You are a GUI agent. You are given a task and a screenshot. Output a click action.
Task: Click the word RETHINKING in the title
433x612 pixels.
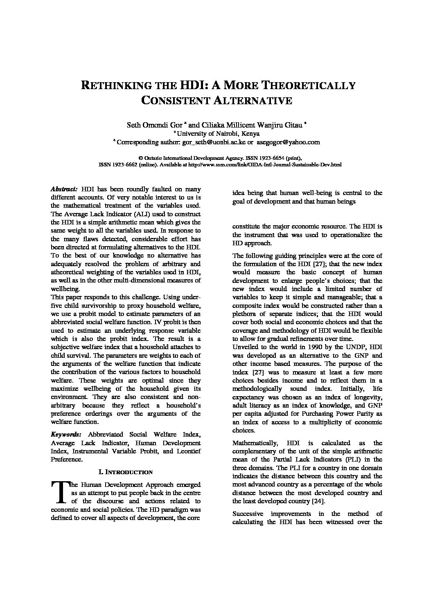coord(114,86)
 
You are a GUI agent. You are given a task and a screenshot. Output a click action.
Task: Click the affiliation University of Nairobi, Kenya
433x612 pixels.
coord(218,133)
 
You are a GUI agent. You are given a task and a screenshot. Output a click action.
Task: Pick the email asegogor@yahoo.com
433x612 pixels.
coord(288,142)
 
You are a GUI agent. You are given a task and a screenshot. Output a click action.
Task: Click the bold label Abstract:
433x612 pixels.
coord(64,189)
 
